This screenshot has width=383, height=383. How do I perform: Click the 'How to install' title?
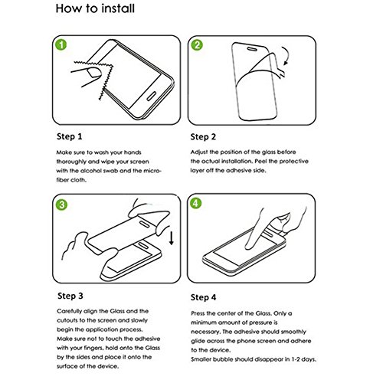pyautogui.click(x=95, y=8)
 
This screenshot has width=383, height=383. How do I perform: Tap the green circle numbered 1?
pyautogui.click(x=61, y=44)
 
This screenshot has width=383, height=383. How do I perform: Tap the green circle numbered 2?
pyautogui.click(x=197, y=45)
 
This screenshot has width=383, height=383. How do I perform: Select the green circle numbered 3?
pyautogui.click(x=61, y=205)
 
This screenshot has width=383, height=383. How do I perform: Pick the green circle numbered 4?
pyautogui.click(x=195, y=203)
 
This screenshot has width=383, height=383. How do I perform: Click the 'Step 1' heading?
pyautogui.click(x=70, y=136)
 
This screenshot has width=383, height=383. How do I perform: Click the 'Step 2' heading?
pyautogui.click(x=203, y=137)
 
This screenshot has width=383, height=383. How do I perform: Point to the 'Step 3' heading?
pyautogui.click(x=70, y=296)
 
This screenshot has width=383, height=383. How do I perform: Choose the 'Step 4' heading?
pyautogui.click(x=203, y=297)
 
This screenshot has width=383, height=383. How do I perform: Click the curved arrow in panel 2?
pyautogui.click(x=288, y=54)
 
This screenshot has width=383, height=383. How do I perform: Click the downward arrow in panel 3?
pyautogui.click(x=172, y=238)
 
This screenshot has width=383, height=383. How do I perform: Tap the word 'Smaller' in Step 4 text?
pyautogui.click(x=201, y=359)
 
